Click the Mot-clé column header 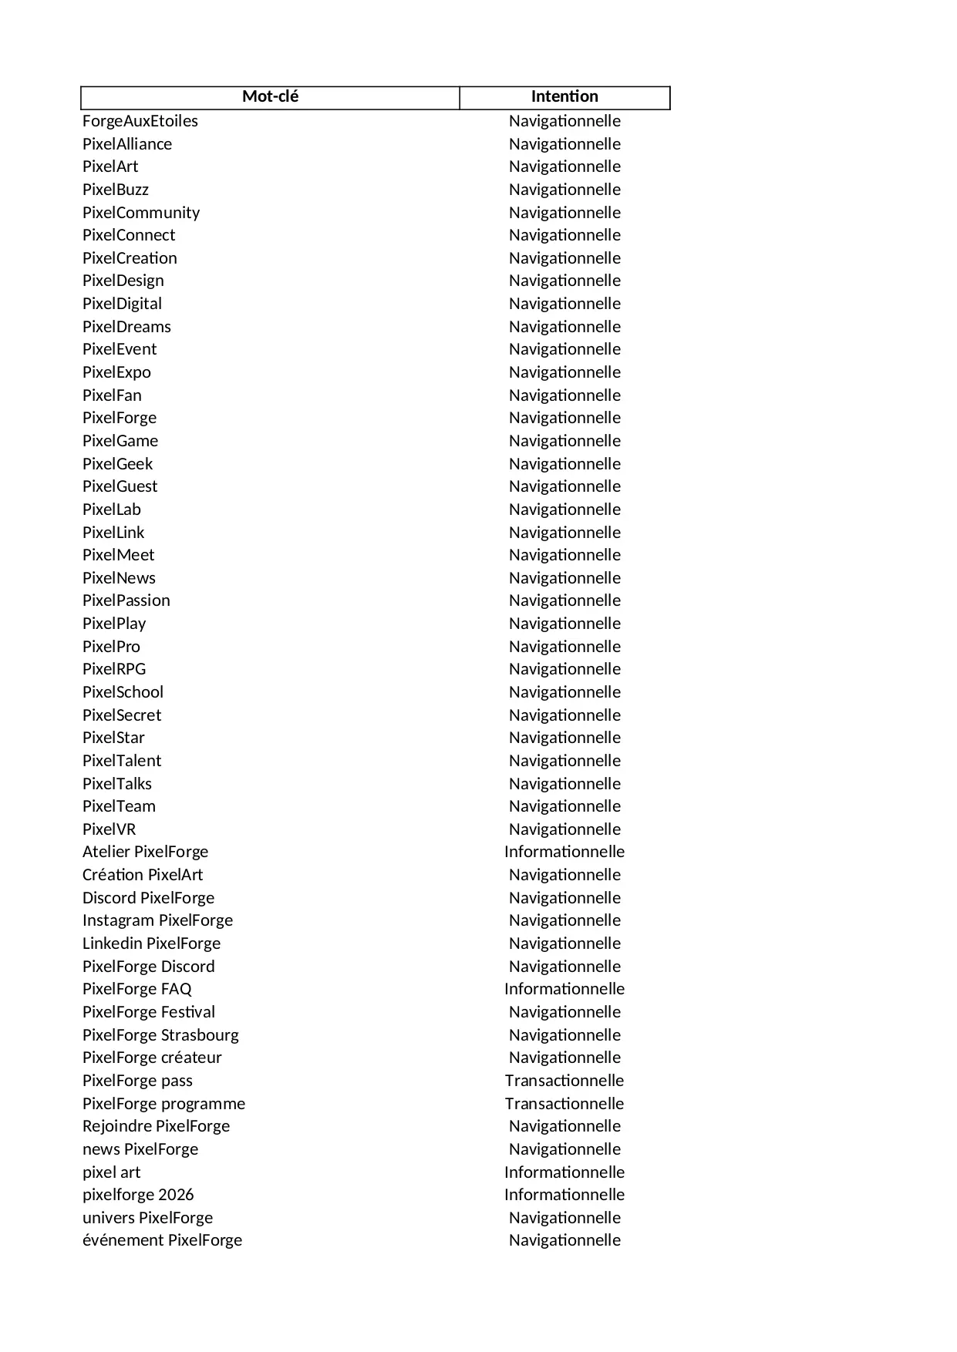tap(270, 97)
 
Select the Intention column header tap(564, 97)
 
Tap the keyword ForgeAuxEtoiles tap(140, 121)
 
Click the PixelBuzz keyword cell tap(116, 190)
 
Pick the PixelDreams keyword tap(126, 327)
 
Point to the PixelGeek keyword tap(118, 464)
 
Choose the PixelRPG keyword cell tap(114, 669)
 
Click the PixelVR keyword tap(110, 829)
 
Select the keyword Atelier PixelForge tap(145, 852)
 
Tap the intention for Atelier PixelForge tap(564, 852)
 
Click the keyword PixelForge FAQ tap(137, 989)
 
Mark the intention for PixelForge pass tap(564, 1081)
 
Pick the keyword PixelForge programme tap(163, 1104)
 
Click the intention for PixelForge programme tap(564, 1104)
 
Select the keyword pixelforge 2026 tap(138, 1195)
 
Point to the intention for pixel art tap(564, 1172)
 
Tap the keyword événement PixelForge tap(162, 1240)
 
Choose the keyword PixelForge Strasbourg tap(160, 1035)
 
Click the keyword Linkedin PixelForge tap(151, 943)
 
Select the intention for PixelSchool tap(564, 692)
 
